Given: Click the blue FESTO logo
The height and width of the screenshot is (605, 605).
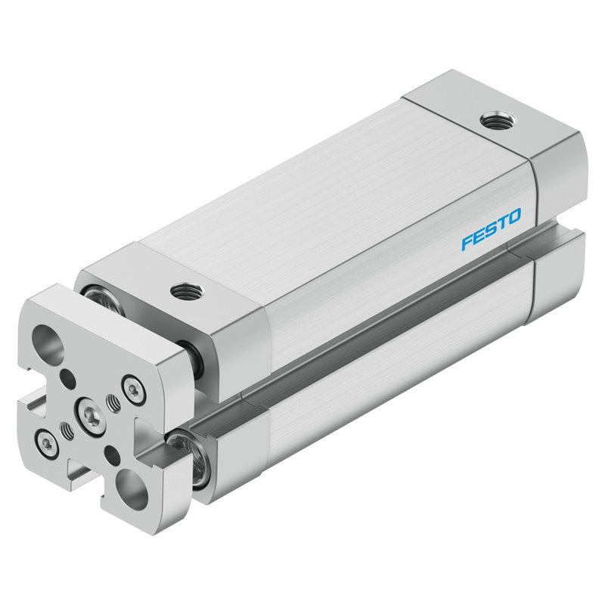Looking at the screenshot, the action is click(x=491, y=229).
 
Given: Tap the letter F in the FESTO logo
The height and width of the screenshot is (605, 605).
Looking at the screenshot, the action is click(x=467, y=243).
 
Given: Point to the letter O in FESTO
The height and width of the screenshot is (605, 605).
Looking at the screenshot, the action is click(x=514, y=216).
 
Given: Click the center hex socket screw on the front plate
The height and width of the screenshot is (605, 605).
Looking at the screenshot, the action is click(x=92, y=417).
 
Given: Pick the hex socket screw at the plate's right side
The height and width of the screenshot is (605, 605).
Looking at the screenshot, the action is click(x=134, y=390).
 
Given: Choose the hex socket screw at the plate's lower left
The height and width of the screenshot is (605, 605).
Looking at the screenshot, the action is click(x=47, y=445).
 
